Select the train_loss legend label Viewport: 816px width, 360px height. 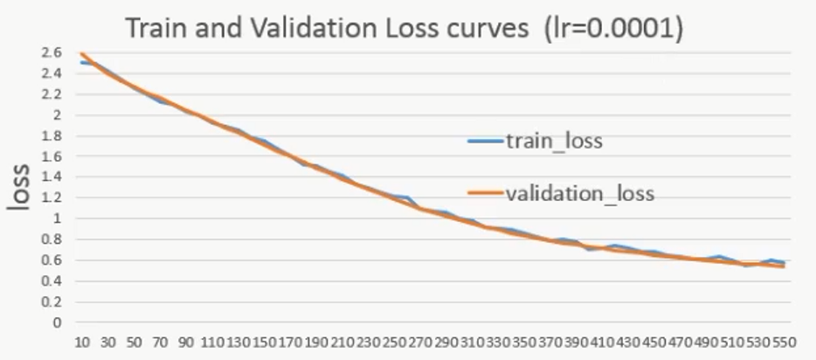554,141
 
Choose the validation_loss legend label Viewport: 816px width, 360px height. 579,193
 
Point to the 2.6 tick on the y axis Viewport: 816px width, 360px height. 52,53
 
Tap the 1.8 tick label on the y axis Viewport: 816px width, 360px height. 52,135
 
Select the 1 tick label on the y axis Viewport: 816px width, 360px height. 59,218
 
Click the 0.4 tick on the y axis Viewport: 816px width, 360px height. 52,280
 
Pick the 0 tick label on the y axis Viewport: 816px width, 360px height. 59,322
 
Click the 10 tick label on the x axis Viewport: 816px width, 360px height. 84,343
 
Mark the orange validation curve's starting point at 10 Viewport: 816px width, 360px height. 82,54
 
